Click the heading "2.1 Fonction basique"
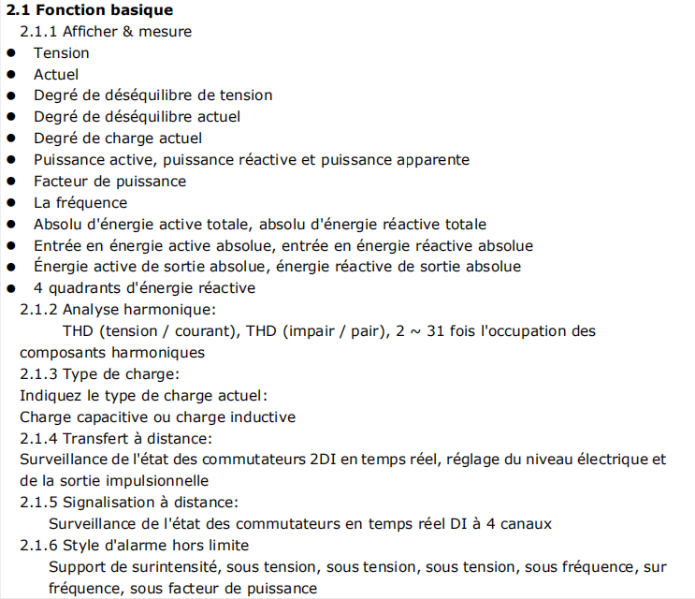tap(89, 10)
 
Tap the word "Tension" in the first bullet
tap(62, 53)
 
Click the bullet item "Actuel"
tap(56, 74)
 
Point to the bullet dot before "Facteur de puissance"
tap(11, 182)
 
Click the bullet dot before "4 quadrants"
tap(11, 288)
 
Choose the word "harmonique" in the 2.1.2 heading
tap(171, 309)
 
